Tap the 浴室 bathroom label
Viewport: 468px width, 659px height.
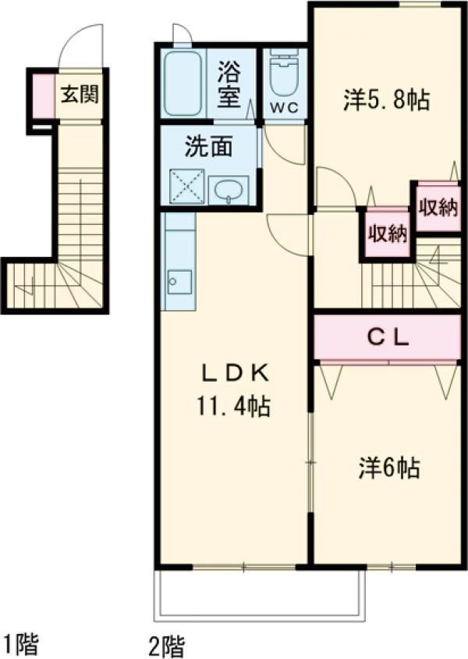(x=229, y=85)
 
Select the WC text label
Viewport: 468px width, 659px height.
(x=284, y=108)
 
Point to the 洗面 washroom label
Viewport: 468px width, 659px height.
(x=208, y=147)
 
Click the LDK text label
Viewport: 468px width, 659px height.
(x=236, y=372)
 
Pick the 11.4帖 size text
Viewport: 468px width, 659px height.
(x=233, y=406)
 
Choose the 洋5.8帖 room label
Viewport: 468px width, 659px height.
(x=387, y=100)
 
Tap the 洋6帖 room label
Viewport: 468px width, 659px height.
(x=389, y=468)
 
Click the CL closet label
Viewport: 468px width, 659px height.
(x=388, y=337)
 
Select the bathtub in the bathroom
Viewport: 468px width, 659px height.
(x=183, y=84)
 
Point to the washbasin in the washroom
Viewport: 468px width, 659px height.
(x=229, y=191)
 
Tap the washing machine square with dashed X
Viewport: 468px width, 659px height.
(x=186, y=187)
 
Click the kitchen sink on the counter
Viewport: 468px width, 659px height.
(x=179, y=282)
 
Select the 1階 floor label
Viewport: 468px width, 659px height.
(x=21, y=644)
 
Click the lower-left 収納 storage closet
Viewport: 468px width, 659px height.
(x=387, y=233)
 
